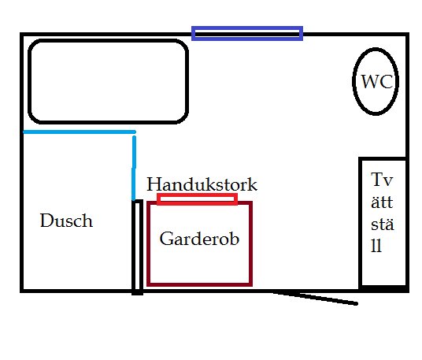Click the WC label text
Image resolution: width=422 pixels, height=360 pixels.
tap(377, 81)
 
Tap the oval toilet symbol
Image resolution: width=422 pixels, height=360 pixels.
tap(353, 81)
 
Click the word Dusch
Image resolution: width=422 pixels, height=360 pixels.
tap(66, 221)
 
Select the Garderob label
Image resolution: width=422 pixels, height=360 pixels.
tap(199, 239)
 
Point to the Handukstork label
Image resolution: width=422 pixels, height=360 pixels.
tap(202, 184)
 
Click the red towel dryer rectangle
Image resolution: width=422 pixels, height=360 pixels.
tap(198, 195)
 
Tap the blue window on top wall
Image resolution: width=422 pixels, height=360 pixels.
tap(247, 28)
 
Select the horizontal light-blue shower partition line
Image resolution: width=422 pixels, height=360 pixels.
tap(80, 132)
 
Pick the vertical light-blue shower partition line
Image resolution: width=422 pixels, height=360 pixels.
tap(134, 169)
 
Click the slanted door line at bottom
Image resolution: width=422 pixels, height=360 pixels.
tap(315, 298)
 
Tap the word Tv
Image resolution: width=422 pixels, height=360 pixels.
tap(382, 180)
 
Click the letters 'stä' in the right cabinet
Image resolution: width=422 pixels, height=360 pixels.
tap(383, 224)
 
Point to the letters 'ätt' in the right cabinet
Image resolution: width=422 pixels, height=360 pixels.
tap(382, 202)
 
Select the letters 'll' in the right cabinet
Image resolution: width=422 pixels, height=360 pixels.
tap(376, 246)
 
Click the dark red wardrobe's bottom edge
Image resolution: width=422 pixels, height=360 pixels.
tap(199, 284)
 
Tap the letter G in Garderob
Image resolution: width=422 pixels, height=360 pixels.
tap(166, 239)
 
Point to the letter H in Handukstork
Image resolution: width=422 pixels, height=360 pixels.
tap(154, 184)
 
